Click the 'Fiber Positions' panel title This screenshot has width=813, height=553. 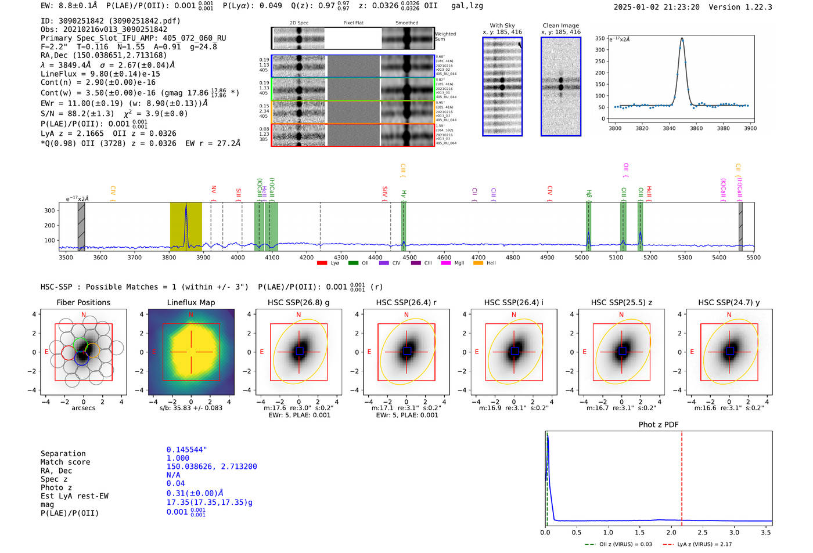pos(83,302)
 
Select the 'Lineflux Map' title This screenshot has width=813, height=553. pos(191,302)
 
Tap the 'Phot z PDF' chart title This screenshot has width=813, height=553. pos(659,424)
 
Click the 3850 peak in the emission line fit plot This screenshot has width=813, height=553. pos(682,39)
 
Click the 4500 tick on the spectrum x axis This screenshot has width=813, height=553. pos(409,258)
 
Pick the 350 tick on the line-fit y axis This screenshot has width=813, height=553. pos(600,38)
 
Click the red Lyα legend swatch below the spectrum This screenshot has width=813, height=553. pos(322,263)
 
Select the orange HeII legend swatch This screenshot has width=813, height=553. pos(478,263)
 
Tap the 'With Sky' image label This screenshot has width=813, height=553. pos(502,26)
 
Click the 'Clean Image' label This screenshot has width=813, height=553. pos(560,26)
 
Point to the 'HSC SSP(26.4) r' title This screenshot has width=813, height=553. pos(406,302)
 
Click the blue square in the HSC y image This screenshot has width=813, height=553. pos(729,351)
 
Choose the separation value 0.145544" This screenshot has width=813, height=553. pos(186,450)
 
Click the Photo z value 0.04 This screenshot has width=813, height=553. pos(175,483)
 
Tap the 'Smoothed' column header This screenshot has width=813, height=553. pos(406,23)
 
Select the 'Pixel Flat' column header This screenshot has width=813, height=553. pos(353,23)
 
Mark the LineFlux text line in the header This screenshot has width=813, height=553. pos(100,74)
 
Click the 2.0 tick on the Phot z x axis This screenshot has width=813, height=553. pos(671,532)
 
